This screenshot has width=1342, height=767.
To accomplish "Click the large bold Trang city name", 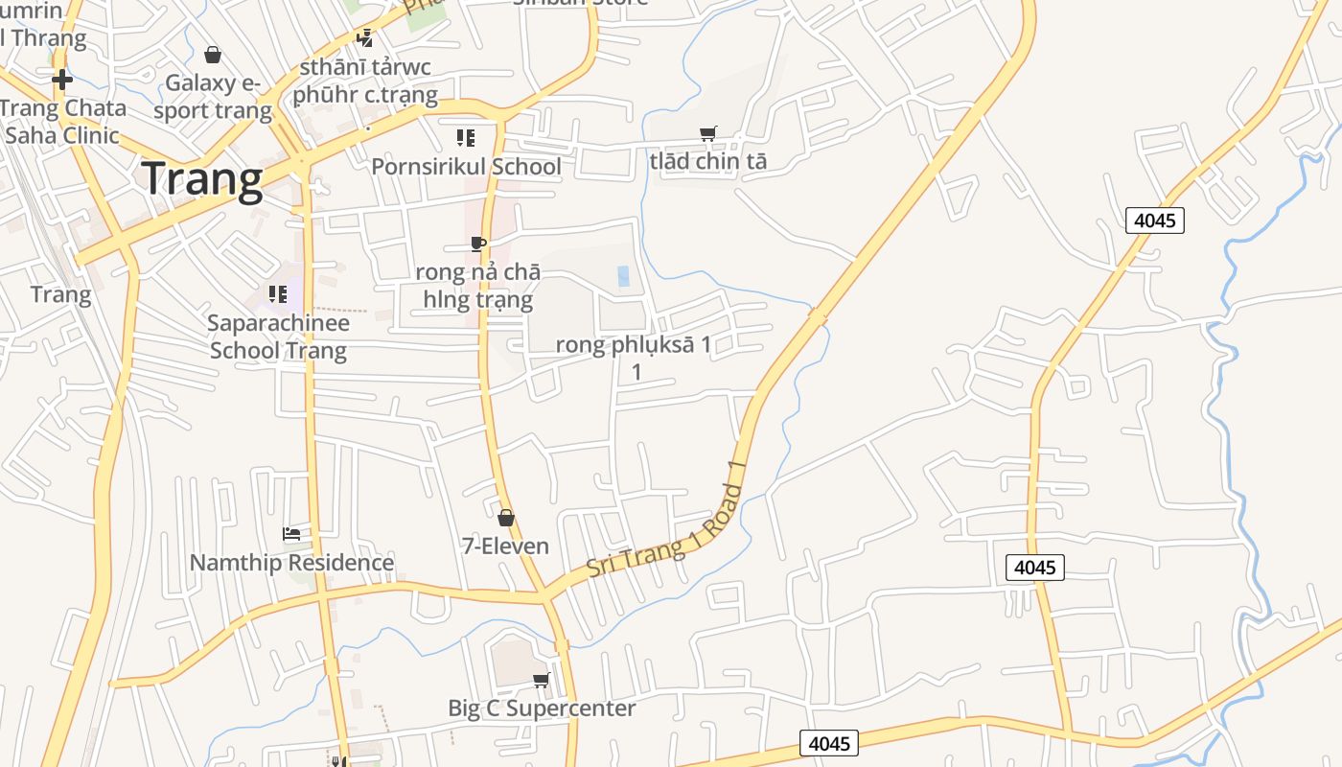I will (x=202, y=179).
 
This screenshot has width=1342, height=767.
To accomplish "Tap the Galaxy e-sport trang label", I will (x=213, y=97).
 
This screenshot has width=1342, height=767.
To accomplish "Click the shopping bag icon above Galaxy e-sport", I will (x=213, y=55).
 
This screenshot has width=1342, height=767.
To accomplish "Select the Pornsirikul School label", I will (x=466, y=167).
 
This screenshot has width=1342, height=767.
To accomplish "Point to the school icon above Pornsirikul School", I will (x=466, y=137).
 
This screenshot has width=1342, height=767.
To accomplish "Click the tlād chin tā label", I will (x=708, y=161).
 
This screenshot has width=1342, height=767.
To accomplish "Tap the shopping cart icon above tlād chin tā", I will (x=708, y=134).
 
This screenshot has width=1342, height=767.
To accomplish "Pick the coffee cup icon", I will (x=478, y=244).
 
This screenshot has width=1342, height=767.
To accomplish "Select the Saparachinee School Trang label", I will (x=278, y=337).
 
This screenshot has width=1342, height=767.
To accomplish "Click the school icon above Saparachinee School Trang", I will (x=278, y=293).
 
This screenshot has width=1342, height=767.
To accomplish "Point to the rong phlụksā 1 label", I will (x=634, y=346).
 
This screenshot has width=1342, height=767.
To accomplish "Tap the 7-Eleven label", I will (x=505, y=546).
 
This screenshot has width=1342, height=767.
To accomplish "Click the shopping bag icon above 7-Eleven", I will (x=505, y=518).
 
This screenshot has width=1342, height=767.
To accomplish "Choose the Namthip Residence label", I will (x=291, y=563).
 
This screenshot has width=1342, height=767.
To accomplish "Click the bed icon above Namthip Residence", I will (x=291, y=533).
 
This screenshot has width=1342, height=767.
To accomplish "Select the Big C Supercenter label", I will (x=542, y=709).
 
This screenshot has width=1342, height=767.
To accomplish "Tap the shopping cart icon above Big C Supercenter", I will (x=542, y=680).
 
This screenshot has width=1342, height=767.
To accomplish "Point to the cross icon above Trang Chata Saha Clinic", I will (x=62, y=80).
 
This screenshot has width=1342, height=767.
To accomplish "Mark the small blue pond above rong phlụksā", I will (x=624, y=276).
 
